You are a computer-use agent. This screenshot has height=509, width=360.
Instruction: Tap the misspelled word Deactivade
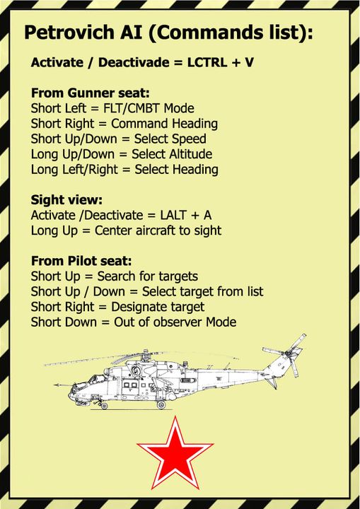pyautogui.click(x=133, y=62)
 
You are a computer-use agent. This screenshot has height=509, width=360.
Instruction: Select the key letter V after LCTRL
pyautogui.click(x=249, y=62)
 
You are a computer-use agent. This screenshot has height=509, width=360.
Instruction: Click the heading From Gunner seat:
pyautogui.click(x=91, y=93)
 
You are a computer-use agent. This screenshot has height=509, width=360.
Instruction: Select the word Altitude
pyautogui.click(x=190, y=154)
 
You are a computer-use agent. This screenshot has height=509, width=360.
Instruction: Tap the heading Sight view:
pyautogui.click(x=66, y=200)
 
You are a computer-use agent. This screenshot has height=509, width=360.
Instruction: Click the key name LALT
pyautogui.click(x=173, y=215)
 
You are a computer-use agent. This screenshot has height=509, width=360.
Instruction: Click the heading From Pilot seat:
pyautogui.click(x=81, y=261)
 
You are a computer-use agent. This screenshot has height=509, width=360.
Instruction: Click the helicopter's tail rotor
pyautogui.click(x=289, y=353)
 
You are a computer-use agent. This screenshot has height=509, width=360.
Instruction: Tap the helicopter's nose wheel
pyautogui.click(x=104, y=406)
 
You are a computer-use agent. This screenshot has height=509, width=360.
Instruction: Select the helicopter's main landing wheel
pyautogui.click(x=161, y=404)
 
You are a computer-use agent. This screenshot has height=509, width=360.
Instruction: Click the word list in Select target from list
pyautogui.click(x=255, y=291)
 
